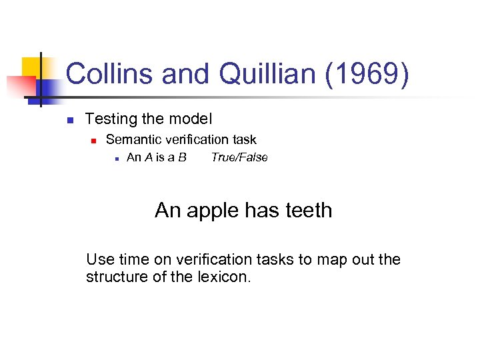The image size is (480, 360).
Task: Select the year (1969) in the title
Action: (x=367, y=74)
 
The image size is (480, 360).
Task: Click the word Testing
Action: (x=109, y=119)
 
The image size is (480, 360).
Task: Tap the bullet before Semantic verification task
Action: (x=94, y=141)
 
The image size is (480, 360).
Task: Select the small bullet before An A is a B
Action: (x=116, y=159)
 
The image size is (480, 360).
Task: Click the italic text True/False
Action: (x=239, y=157)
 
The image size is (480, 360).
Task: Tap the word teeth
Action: (x=308, y=210)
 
